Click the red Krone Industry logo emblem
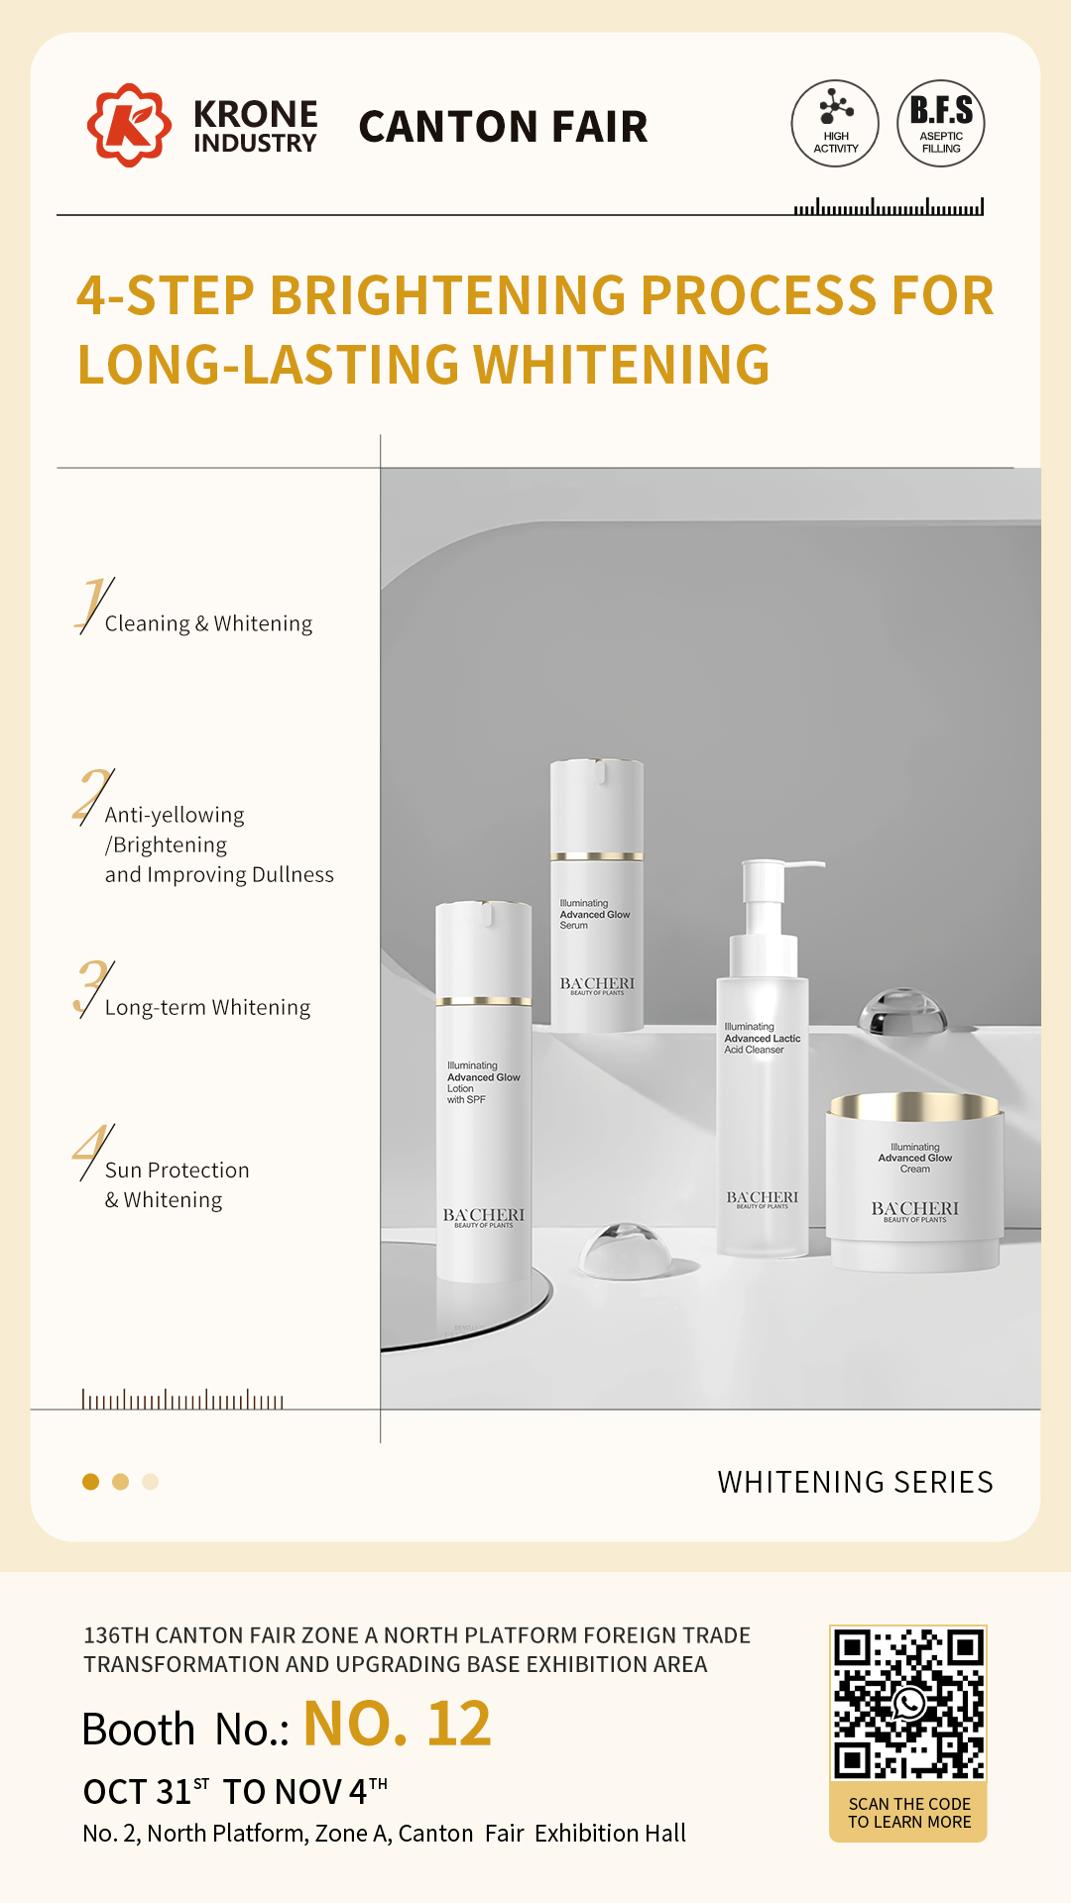coord(129,125)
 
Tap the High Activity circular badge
coord(835,123)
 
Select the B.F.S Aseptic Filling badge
coord(941,123)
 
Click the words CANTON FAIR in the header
coord(503,127)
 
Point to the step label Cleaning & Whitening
coord(208,623)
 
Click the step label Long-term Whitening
coord(207,1007)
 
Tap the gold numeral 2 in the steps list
coord(92,795)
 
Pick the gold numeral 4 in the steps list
coord(92,1150)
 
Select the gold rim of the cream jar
coord(914,1106)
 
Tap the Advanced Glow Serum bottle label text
coord(594,914)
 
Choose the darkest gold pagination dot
coord(90,1482)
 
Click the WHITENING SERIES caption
coord(855,1482)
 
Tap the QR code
coord(908,1703)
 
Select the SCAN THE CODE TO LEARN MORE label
coord(909,1813)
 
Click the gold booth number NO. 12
coord(397,1725)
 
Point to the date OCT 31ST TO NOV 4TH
coord(235,1791)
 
